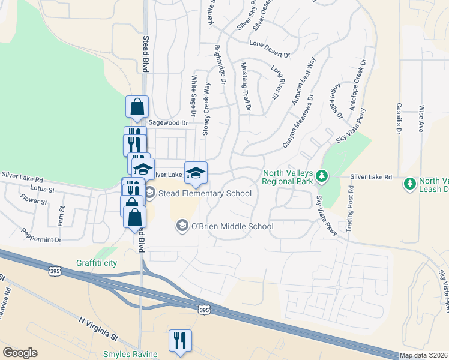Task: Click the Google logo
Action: point(20,353)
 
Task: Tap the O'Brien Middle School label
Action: point(232,226)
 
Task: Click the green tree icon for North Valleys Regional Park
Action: point(322,176)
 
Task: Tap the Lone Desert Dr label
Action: point(270,44)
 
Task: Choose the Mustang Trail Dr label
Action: point(246,86)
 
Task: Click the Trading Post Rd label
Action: point(350,206)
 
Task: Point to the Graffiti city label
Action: point(97,263)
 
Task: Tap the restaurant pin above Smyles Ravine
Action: point(180,340)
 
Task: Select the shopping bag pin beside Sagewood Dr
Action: point(137,107)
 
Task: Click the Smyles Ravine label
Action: point(130,354)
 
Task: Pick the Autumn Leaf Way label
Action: point(304,82)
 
